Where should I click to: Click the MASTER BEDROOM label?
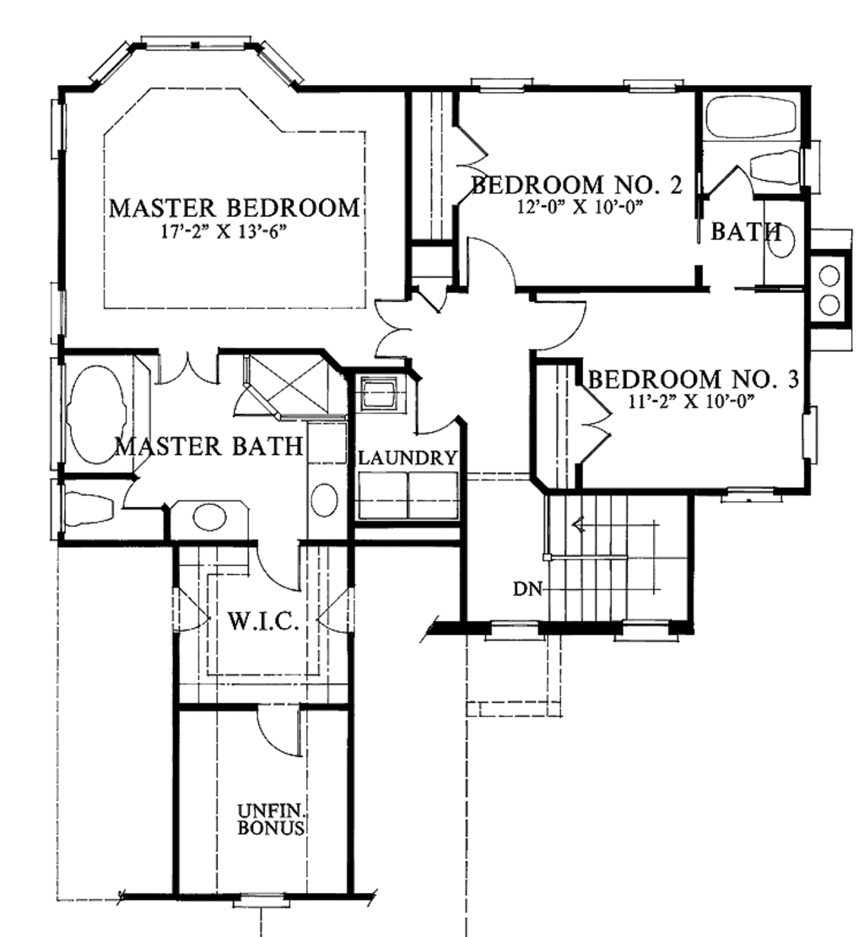(x=234, y=208)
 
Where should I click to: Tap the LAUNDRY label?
(x=408, y=458)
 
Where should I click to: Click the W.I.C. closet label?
(x=264, y=623)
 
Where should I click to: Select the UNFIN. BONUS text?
(x=270, y=820)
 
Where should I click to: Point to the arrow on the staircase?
(x=579, y=525)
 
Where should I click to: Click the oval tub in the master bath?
(x=95, y=414)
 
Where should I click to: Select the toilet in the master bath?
(x=89, y=509)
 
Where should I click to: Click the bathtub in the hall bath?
(x=750, y=118)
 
